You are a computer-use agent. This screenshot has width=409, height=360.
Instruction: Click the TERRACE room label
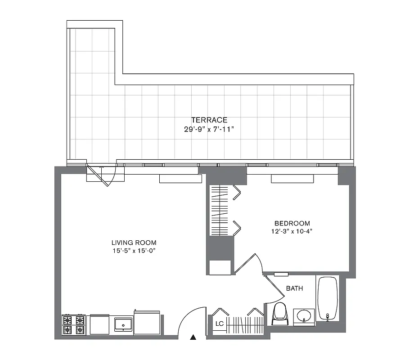209,120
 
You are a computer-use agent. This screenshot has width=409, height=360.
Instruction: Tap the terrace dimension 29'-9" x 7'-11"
209,129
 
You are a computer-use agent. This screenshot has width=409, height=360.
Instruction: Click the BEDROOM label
292,223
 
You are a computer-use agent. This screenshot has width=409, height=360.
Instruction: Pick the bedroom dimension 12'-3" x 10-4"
292,232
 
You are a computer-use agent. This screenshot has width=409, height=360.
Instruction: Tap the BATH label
294,288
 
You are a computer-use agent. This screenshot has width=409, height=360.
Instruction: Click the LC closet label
220,323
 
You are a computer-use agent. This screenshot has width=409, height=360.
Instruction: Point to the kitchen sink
123,324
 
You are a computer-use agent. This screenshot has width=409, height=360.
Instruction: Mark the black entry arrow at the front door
193,337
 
